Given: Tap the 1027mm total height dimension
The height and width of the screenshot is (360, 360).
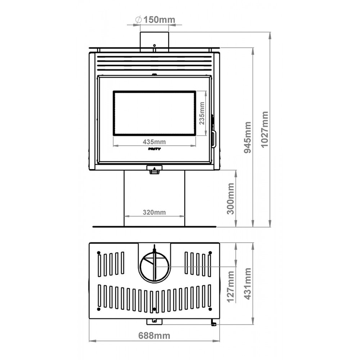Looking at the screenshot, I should (265, 130).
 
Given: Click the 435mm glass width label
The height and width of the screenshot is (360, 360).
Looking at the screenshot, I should (154, 141).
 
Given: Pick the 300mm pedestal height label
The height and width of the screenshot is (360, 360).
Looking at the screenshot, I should (230, 198).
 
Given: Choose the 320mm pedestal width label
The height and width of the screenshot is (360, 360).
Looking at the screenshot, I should (154, 212).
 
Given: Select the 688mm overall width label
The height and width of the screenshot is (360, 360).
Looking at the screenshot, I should (154, 336).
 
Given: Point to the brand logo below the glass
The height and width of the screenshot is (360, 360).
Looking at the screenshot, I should (154, 148).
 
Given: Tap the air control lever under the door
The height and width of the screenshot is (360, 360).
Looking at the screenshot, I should (154, 170).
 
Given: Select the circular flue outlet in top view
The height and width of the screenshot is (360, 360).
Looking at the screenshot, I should (154, 267).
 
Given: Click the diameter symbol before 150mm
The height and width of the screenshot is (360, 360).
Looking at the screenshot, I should (138, 20).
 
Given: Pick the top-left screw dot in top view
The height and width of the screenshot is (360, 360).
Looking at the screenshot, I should (99, 252).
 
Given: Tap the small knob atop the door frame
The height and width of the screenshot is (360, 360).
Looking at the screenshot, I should (154, 75).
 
